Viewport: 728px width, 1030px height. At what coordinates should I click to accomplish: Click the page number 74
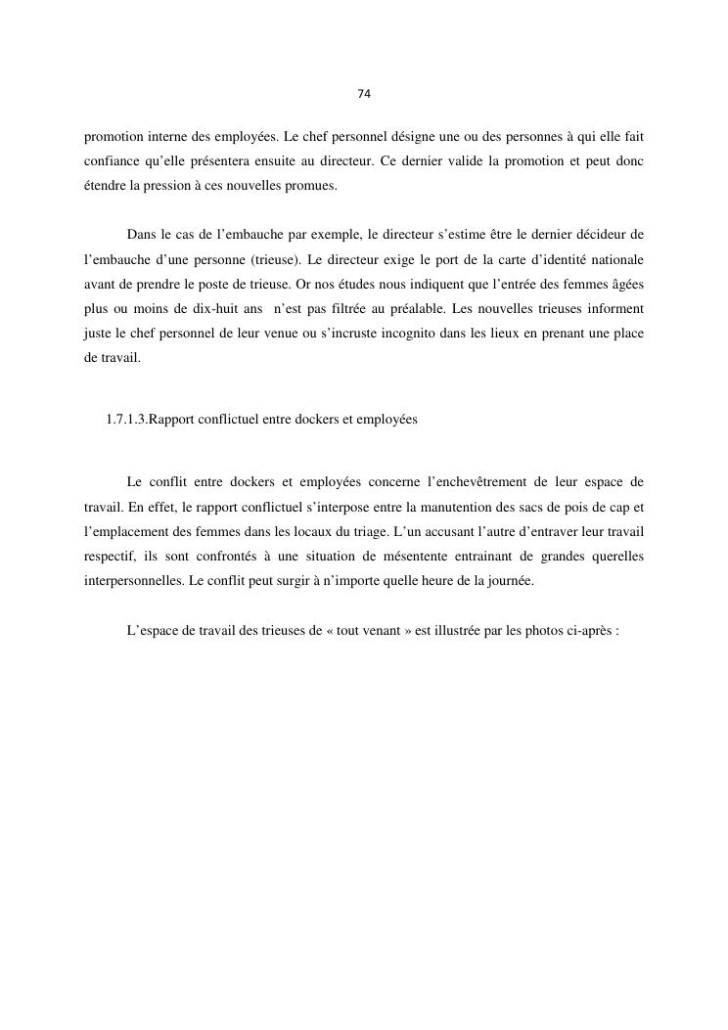364,94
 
